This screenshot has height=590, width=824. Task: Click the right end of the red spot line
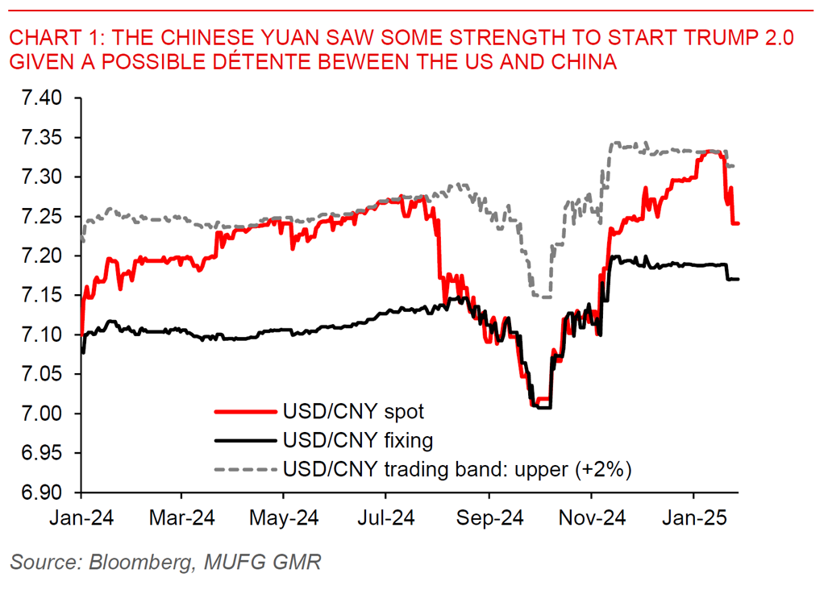tap(739, 223)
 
